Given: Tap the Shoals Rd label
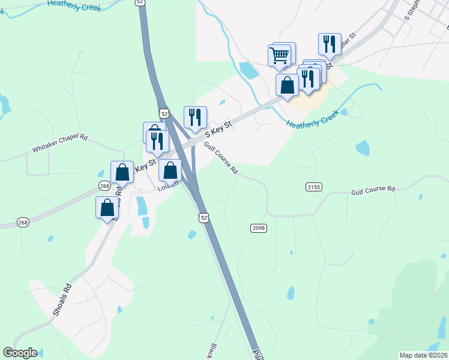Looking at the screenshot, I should (62, 300).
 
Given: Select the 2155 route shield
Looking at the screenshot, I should (314, 187).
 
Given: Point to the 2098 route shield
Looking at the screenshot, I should (258, 228).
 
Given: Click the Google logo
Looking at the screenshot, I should (20, 353).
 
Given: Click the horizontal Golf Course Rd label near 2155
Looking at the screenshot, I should (373, 190).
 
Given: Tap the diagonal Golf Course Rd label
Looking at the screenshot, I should (221, 158).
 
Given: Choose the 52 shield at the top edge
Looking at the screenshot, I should (140, 2).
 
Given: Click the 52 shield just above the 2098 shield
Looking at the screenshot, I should (205, 217).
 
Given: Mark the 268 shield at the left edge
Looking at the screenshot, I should (23, 222).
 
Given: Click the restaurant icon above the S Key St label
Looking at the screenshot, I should (195, 117).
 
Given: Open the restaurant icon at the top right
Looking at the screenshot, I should (330, 44).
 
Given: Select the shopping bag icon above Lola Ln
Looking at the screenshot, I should (170, 170).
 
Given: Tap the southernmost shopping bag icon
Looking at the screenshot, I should (107, 208).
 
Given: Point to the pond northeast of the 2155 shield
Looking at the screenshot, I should (363, 148).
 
